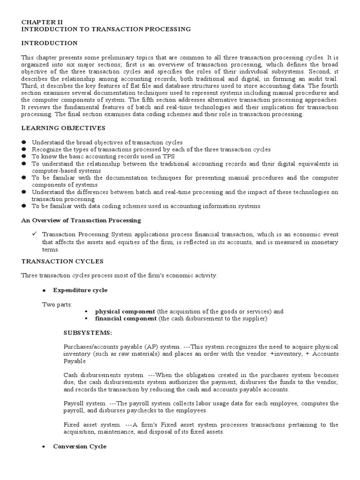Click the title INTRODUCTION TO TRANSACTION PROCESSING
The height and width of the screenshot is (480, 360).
pyautogui.click(x=105, y=29)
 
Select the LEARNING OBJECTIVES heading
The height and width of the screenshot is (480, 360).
pyautogui.click(x=63, y=128)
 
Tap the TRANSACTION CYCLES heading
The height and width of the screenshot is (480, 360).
pyautogui.click(x=62, y=261)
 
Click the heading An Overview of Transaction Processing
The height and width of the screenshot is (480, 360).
pyautogui.click(x=81, y=220)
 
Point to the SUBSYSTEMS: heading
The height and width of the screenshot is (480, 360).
pyautogui.click(x=88, y=333)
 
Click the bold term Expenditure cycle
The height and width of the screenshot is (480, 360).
pyautogui.click(x=80, y=290)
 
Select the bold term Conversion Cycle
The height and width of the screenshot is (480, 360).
pyautogui.click(x=80, y=447)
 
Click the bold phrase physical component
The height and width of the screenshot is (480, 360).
pyautogui.click(x=125, y=312)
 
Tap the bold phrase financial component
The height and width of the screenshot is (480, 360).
pyautogui.click(x=126, y=319)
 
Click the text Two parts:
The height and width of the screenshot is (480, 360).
pyautogui.click(x=57, y=305)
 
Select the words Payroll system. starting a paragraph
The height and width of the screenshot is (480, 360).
pyautogui.click(x=83, y=404)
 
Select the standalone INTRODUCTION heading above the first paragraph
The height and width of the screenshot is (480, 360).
pyautogui.click(x=49, y=43)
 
